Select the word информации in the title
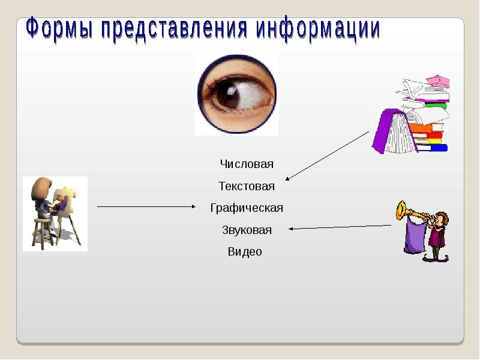coord(318,30)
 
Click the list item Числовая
coord(247,164)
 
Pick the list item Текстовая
coord(247,187)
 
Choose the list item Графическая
coord(247,208)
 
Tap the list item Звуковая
coord(247,230)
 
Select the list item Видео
coord(245,252)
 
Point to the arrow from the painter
coord(147,207)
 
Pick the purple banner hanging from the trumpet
coord(414,236)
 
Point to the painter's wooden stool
coord(42,231)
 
